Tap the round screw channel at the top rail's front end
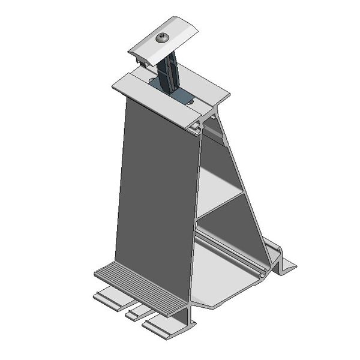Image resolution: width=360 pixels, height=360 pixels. pos(196,127)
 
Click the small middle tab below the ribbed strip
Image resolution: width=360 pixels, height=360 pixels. pos(136,311)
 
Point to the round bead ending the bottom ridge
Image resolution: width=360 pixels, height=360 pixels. pos(262,274)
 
